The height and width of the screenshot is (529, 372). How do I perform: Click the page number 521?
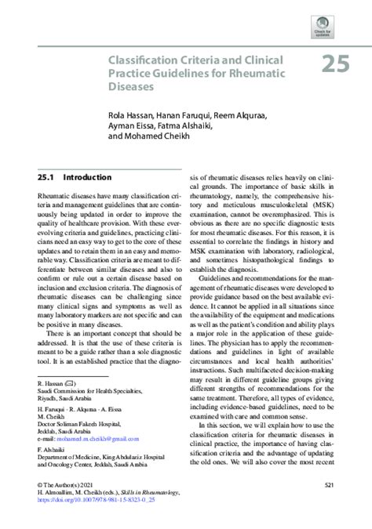[329, 486]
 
